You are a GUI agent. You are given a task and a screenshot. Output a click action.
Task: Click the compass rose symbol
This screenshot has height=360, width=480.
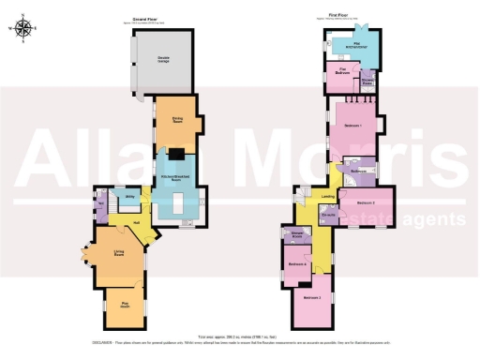coord(25,29)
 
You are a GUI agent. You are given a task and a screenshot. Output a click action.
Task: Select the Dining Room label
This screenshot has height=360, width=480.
coord(175,119)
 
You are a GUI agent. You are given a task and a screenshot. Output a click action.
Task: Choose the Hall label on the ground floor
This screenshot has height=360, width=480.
coord(137,222)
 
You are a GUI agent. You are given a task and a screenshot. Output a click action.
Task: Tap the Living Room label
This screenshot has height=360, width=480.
coord(119,253)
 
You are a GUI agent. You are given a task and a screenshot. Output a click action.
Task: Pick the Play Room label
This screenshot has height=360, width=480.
coord(123,304)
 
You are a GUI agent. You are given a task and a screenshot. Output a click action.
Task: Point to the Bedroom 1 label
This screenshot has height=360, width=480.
coord(352,125)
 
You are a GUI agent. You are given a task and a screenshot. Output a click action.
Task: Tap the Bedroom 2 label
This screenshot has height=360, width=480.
coord(367,202)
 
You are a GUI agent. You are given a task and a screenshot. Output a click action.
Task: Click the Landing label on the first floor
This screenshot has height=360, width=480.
coord(328,196)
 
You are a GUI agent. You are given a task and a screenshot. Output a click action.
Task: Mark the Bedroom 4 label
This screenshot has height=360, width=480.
coord(297,264)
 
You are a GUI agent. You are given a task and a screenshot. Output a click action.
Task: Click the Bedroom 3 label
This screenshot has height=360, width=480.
coord(312,298)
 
